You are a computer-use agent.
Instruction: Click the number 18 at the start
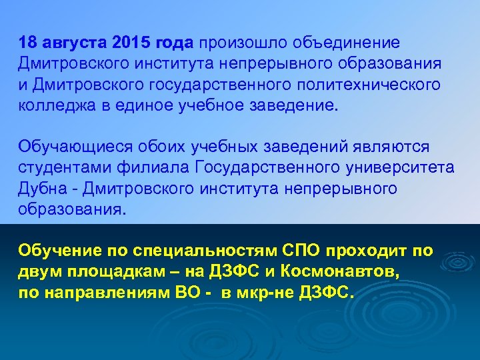(28, 43)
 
